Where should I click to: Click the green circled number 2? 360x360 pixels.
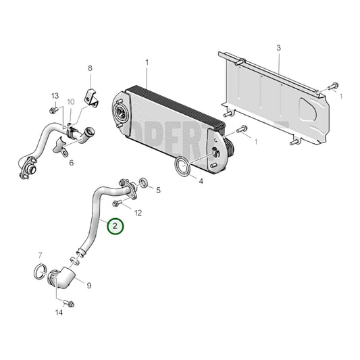115,226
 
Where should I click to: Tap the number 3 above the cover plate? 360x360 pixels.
278,48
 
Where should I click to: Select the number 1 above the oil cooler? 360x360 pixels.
146,63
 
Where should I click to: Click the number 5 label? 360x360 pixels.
158,190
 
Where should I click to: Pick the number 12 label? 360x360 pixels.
71,163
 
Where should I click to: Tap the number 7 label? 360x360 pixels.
40,255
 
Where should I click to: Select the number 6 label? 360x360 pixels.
90,68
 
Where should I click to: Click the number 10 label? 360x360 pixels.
70,102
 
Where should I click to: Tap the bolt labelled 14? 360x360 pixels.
69,304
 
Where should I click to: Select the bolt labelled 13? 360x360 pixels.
53,109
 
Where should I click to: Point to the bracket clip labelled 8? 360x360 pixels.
89,97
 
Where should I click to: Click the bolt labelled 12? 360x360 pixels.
118,203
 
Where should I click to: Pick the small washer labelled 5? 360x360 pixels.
143,182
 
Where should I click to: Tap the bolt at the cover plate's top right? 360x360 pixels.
332,86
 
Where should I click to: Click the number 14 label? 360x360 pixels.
59,313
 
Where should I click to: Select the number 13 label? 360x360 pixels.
55,95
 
